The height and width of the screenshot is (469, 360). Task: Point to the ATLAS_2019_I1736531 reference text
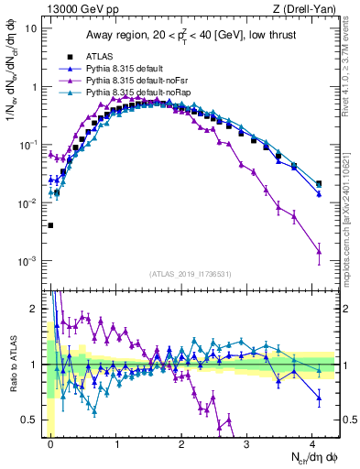tap(190, 274)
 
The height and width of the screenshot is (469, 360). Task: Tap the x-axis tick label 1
tap(117, 443)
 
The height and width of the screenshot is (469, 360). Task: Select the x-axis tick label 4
tap(313, 443)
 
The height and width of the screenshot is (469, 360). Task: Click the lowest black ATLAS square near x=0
tap(50, 224)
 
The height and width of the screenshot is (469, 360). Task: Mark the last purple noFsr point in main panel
tap(319, 251)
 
